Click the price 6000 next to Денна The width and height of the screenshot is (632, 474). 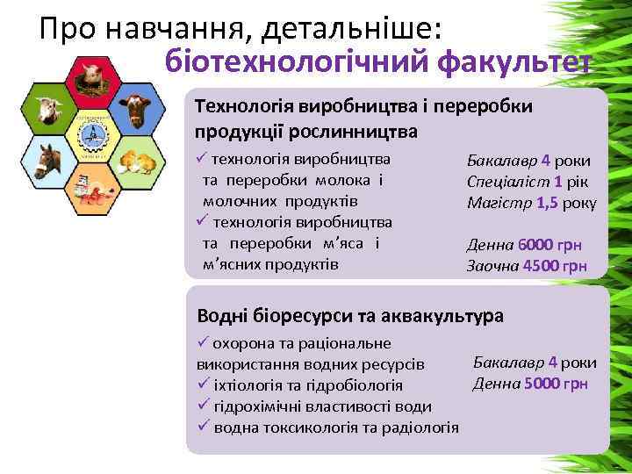coord(535,246)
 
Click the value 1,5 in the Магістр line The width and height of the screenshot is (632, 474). coord(548,203)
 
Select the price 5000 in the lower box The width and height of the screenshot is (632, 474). coord(541,383)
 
